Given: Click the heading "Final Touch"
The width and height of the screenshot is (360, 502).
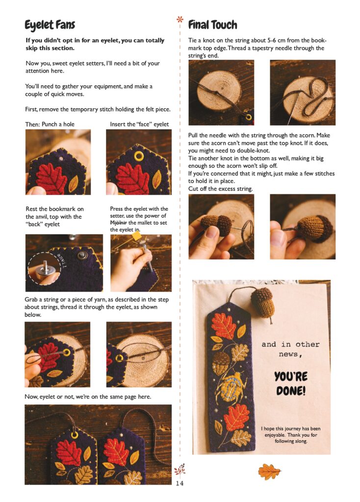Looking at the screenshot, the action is tap(213, 25).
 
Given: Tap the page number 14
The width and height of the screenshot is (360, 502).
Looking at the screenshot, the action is tap(180, 483).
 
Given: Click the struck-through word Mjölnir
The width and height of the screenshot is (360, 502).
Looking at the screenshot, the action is tap(119, 223).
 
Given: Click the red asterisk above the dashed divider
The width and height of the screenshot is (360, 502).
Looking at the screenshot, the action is tap(180, 20).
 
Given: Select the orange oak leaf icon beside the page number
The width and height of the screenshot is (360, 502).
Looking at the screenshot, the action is tap(269, 472).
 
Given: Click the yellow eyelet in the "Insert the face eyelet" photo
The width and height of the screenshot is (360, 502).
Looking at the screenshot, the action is tap(139, 156).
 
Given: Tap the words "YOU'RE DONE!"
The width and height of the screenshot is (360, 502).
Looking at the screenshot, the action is tap(290, 383).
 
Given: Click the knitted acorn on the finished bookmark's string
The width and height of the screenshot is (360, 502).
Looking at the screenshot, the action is tap(262, 302).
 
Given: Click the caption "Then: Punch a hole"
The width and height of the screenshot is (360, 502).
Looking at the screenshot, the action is tap(50, 124).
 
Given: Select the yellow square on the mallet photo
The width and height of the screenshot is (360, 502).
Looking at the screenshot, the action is tap(136, 236).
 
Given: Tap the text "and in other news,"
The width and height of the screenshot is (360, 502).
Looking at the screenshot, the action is tap(290, 349).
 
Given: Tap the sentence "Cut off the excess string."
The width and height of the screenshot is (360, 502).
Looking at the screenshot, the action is tap(220, 189).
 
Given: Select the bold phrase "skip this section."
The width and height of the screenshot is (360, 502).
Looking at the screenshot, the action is tap(50, 48).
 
